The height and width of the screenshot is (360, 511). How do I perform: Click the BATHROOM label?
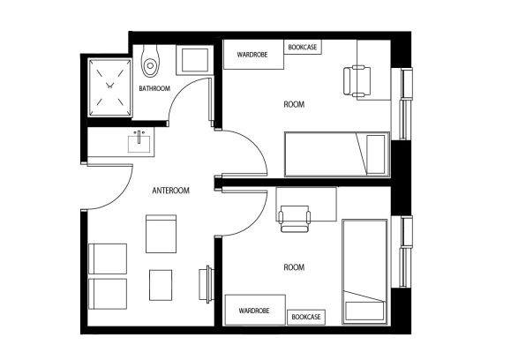[x=154, y=88]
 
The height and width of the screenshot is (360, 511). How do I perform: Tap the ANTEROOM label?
[x=170, y=191]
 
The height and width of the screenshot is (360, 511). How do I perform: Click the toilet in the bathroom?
[x=150, y=61]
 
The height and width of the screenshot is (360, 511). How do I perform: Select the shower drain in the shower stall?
[x=109, y=86]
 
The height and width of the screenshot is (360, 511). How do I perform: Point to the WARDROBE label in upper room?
[x=252, y=55]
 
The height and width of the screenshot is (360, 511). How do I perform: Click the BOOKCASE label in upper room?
[x=303, y=47]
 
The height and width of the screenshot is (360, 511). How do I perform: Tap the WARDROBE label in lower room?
[x=254, y=311]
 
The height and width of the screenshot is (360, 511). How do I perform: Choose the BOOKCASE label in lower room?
[x=306, y=317]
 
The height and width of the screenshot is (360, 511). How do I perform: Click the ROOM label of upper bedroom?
[x=294, y=104]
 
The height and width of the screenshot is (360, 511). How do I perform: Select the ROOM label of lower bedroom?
[x=294, y=267]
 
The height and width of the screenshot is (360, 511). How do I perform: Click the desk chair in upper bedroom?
[x=357, y=81]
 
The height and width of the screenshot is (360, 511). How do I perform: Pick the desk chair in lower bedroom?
[x=294, y=219]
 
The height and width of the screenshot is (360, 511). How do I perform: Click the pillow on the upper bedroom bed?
[x=376, y=154]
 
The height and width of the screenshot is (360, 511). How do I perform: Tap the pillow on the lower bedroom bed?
[x=365, y=311]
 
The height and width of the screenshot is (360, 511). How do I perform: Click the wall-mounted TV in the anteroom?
[x=207, y=284]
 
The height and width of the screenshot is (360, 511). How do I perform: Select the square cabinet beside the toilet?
[x=194, y=60]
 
